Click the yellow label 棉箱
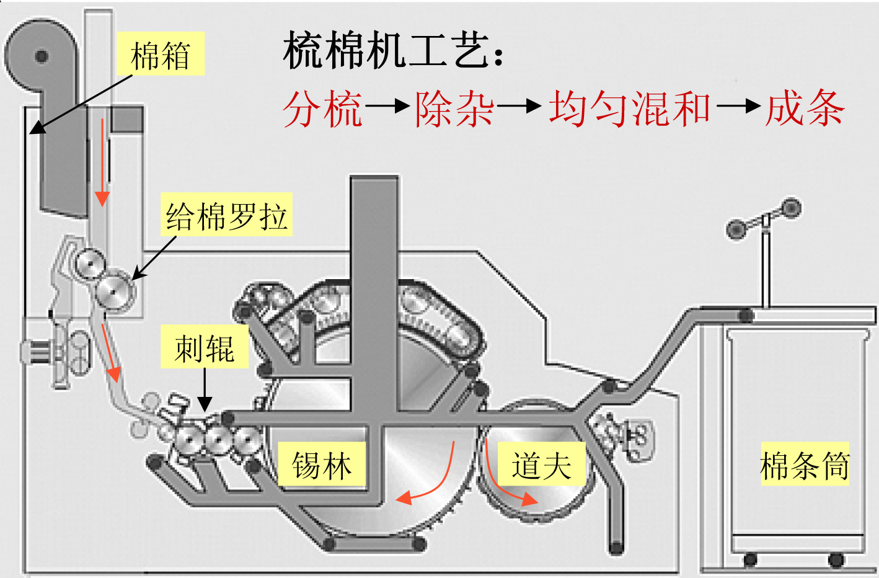point(161,55)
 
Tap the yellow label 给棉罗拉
point(226,216)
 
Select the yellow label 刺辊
point(205,348)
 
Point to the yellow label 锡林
point(322,465)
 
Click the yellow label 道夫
point(541,465)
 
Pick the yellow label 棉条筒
point(805,465)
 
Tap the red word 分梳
point(322,109)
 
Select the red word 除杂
point(454,109)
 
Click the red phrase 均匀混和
point(629,109)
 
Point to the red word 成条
point(805,109)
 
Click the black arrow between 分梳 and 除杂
point(387,106)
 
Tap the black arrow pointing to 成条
point(738,106)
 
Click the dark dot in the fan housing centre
point(42,56)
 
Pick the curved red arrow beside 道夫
point(505,481)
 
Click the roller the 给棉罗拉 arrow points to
point(116,290)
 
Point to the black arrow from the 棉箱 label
point(81,104)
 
